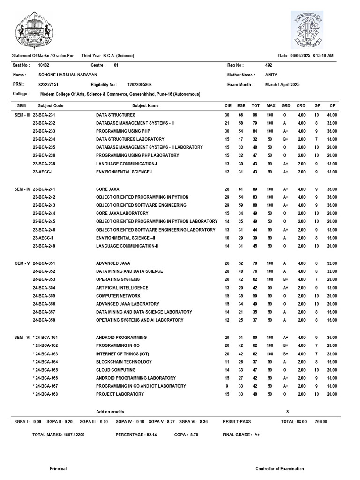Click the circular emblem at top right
coord(307,30)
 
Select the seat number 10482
coord(44,65)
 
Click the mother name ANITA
coord(271,75)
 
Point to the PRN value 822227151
coord(48,85)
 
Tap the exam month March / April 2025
coord(282,85)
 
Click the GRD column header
coord(285,105)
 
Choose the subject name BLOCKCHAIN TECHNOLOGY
coord(124,362)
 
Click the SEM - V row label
coord(22,263)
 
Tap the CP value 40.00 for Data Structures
coord(331,115)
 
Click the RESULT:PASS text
coord(238,422)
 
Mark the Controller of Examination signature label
coord(279,468)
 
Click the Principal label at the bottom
coord(58,468)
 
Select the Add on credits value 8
coord(287,411)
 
